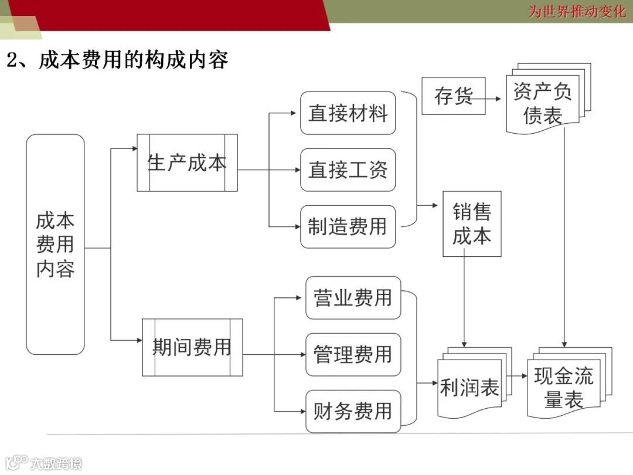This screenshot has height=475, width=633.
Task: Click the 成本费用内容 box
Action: [x=56, y=245]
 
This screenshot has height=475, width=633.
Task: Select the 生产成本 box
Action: [x=187, y=162]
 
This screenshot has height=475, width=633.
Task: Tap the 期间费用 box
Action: [x=192, y=347]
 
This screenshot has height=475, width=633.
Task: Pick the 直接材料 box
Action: [x=348, y=113]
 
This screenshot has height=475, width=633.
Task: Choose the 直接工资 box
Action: [x=348, y=170]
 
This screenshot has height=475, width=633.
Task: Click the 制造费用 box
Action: [x=348, y=226]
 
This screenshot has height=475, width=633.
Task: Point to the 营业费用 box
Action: [x=353, y=298]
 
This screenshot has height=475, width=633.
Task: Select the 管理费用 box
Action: [x=353, y=354]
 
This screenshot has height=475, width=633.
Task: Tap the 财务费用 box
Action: [x=353, y=411]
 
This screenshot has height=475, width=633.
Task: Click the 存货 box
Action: [x=453, y=96]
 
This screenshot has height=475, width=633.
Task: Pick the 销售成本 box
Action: [x=472, y=224]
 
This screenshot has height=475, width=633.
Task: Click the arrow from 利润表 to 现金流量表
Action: [x=517, y=376]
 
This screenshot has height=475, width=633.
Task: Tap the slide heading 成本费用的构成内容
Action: [x=117, y=60]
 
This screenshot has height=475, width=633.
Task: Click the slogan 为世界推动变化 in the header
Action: [x=577, y=11]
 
